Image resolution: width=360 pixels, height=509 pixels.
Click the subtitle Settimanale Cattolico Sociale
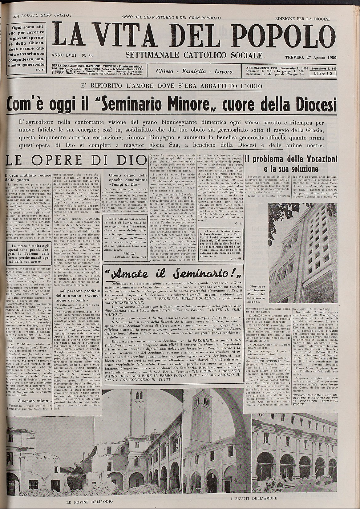click(x=194, y=55)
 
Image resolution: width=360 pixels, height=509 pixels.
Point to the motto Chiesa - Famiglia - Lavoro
click(x=194, y=71)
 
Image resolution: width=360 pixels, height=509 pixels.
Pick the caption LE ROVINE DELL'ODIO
click(x=89, y=502)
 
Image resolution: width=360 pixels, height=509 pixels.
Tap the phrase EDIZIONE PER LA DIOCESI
click(x=302, y=19)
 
